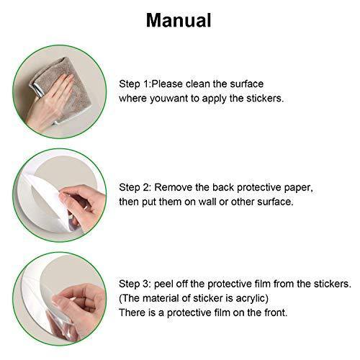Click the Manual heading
pos(179,20)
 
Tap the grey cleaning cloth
pos(60,89)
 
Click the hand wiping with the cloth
pos(49,103)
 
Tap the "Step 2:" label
pos(135,188)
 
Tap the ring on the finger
pos(86,207)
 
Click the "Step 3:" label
pos(135,284)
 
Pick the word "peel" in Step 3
pos(163,284)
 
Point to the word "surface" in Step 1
pos(247,84)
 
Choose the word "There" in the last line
pos(132,312)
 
